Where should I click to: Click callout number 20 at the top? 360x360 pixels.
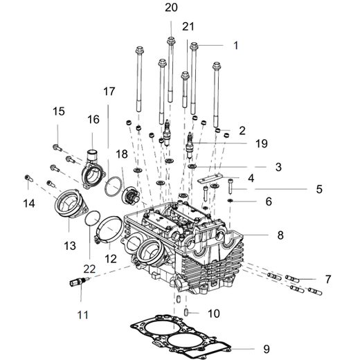tap(170, 8)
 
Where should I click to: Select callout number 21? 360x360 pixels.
tap(188, 26)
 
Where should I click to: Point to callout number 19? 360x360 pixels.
tap(260, 144)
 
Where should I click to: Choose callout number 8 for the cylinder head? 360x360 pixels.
tap(280, 235)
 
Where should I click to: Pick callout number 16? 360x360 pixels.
tap(93, 120)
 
